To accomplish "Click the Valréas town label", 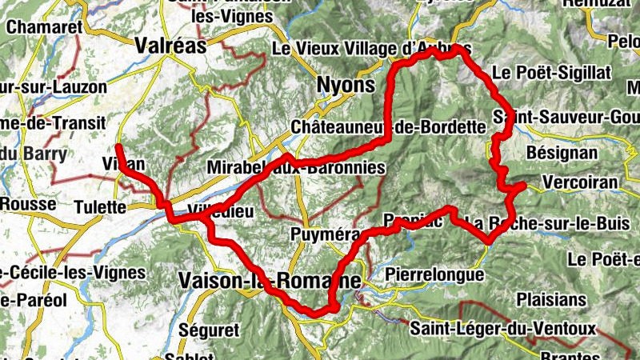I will click(171, 46).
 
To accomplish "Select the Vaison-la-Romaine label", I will click(269, 281).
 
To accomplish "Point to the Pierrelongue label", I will click(434, 275).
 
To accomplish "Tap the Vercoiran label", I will click(580, 182).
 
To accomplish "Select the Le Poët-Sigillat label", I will click(552, 72).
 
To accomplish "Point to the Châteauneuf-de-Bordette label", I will click(389, 126).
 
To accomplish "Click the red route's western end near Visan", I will click(118, 147).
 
